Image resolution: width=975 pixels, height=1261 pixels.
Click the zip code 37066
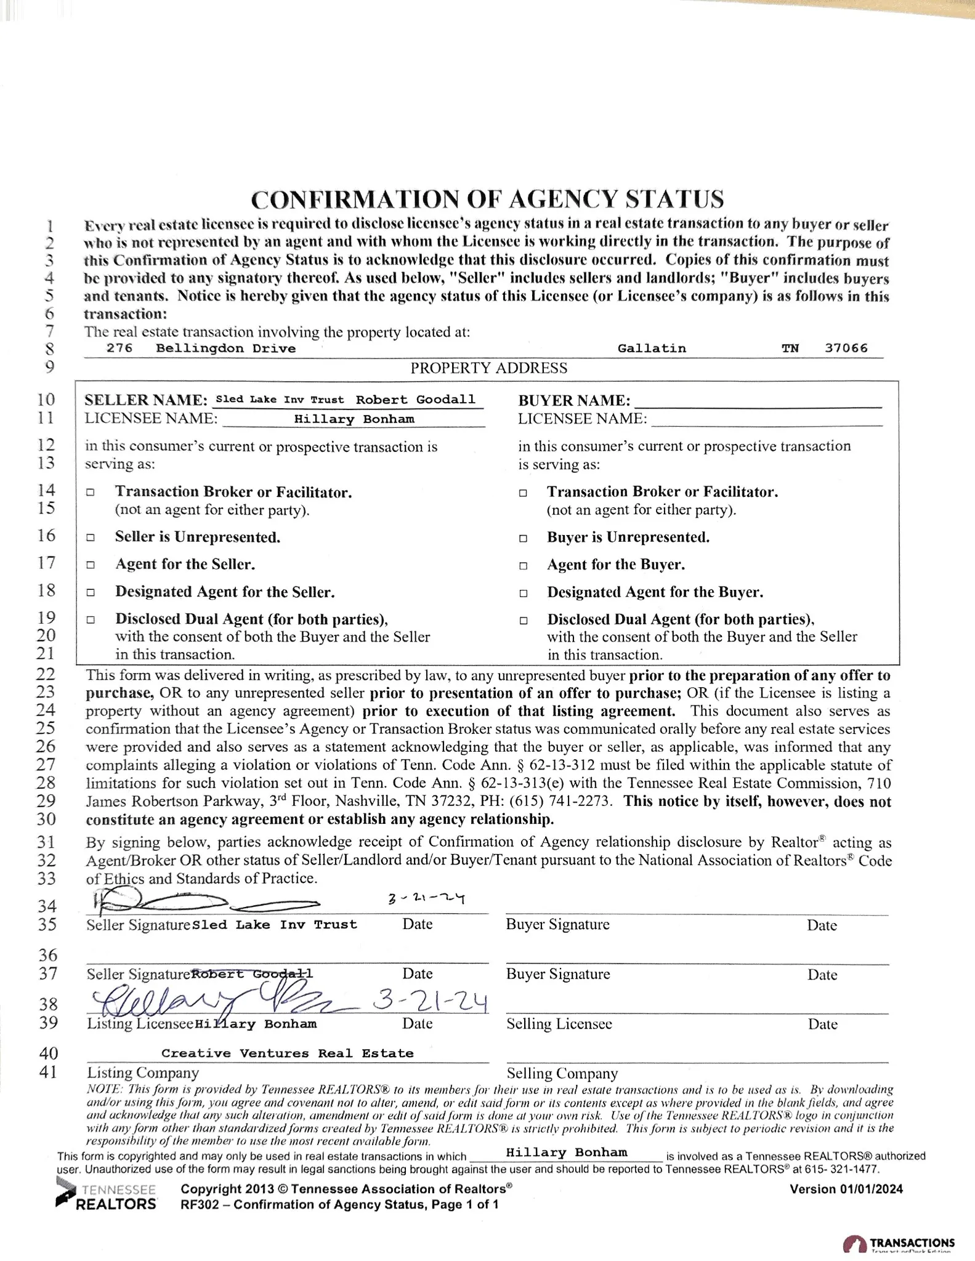[x=846, y=348]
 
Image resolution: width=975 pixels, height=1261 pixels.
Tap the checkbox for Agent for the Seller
[x=91, y=565]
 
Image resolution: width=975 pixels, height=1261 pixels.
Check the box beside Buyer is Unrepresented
[x=523, y=538]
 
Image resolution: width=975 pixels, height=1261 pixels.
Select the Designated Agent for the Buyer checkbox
[x=523, y=594]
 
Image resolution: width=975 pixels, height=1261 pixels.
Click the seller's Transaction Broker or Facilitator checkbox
[x=91, y=493]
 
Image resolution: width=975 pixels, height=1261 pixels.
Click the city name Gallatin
[x=652, y=348]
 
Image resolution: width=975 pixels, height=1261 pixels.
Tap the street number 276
[x=119, y=348]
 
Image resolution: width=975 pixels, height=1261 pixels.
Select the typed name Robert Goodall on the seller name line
[x=416, y=400]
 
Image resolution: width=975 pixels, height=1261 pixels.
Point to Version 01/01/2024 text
[x=846, y=1189]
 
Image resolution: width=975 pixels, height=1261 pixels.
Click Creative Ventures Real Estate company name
[x=288, y=1053]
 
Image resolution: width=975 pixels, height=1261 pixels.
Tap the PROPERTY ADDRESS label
[x=489, y=368]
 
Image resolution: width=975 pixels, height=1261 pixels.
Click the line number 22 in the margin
[x=47, y=674]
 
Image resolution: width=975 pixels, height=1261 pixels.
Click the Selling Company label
[x=562, y=1073]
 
